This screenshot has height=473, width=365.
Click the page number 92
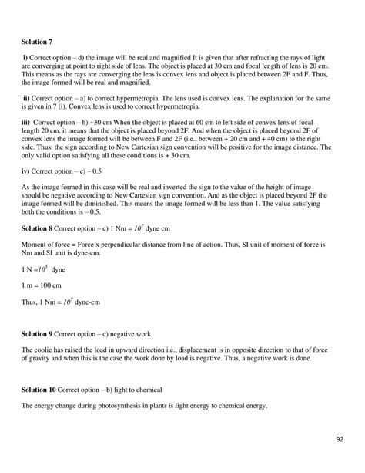(x=339, y=440)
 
